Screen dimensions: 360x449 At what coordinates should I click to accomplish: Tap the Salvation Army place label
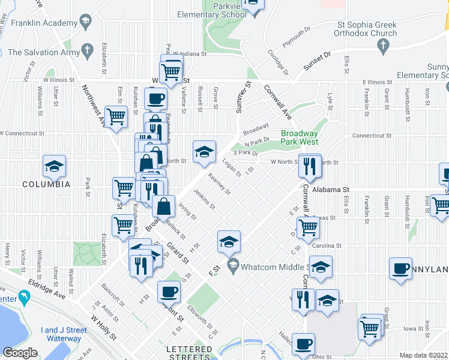coord(44,52)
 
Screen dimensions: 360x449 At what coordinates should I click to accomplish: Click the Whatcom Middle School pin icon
coord(233,265)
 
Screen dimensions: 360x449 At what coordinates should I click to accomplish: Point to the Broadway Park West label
coord(299,138)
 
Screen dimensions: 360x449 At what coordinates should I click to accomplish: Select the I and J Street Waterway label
coord(64,334)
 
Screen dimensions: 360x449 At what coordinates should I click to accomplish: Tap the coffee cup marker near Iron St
coord(400,269)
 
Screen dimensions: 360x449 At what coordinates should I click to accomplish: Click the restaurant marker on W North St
coord(310,166)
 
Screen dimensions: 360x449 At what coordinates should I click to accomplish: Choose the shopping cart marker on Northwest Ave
coord(115,117)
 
